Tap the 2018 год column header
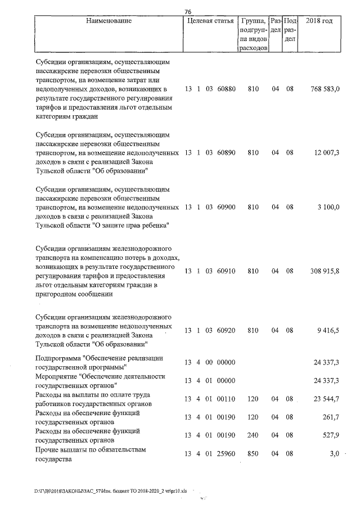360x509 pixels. (x=319, y=21)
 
